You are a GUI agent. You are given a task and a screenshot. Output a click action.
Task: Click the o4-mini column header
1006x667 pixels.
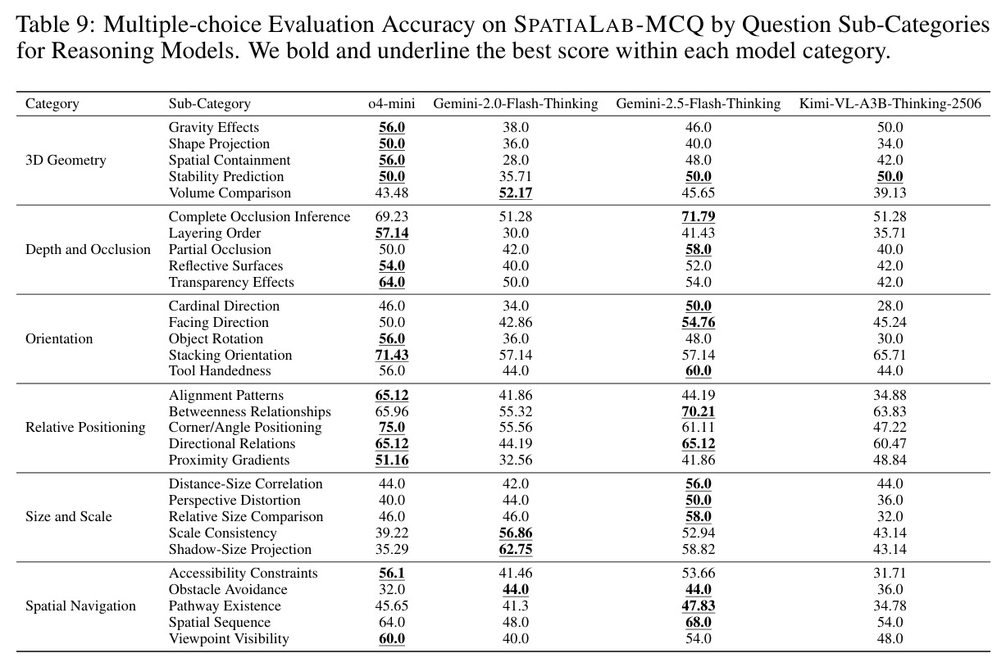click(x=392, y=104)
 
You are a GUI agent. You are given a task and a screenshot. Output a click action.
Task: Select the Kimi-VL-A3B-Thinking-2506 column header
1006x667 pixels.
click(x=890, y=104)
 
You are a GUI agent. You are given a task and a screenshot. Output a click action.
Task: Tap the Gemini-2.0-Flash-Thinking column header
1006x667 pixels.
click(x=516, y=104)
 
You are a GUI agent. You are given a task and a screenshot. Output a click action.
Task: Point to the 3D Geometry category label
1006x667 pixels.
click(x=66, y=161)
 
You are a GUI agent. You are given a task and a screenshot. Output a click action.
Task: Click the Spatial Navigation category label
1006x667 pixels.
click(x=80, y=606)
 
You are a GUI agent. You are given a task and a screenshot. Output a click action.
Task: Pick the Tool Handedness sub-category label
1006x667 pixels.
click(x=220, y=370)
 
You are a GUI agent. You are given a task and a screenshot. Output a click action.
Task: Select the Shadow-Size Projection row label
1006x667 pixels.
click(x=240, y=549)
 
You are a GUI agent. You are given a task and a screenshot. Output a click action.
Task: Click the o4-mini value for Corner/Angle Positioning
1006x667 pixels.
click(x=392, y=427)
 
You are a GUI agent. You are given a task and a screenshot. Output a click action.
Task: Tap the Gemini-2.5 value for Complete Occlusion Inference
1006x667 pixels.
click(x=699, y=217)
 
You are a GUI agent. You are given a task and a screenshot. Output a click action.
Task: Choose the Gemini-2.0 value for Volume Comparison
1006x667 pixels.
click(x=516, y=193)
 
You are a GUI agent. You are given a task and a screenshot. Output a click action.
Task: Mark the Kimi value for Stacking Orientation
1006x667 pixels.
click(x=890, y=355)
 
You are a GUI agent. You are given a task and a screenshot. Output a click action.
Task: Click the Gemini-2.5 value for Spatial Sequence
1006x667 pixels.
click(x=699, y=623)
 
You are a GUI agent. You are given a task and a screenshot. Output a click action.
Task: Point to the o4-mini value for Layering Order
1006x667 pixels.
click(x=392, y=234)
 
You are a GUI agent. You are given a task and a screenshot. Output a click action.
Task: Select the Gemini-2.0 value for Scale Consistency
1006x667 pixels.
click(x=516, y=533)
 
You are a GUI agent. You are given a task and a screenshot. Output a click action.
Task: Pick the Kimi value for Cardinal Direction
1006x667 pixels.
click(x=890, y=306)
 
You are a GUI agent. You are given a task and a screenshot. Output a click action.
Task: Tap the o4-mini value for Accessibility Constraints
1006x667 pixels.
click(x=392, y=574)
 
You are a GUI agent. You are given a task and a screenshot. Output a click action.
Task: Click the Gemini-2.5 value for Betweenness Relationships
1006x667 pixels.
click(x=699, y=411)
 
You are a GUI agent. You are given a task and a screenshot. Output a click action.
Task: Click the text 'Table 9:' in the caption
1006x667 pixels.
click(x=56, y=25)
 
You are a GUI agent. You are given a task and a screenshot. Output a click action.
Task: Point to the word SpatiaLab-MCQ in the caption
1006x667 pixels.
click(x=609, y=25)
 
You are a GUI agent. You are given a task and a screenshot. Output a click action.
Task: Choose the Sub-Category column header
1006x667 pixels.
click(x=210, y=104)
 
